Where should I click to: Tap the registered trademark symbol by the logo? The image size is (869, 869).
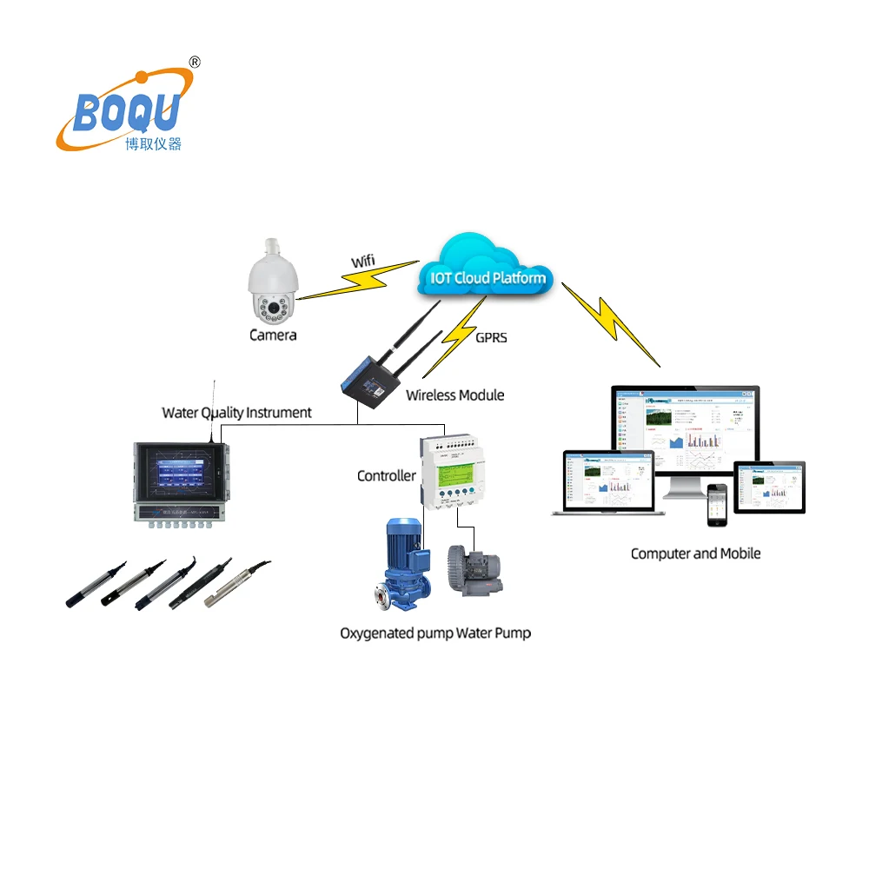click(x=195, y=62)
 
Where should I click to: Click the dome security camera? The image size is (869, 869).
click(x=272, y=282)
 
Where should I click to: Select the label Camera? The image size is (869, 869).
click(x=273, y=335)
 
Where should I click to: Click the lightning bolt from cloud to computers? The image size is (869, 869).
click(x=611, y=322)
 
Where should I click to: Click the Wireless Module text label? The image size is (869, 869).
click(x=455, y=395)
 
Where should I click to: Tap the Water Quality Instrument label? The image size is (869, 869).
click(x=236, y=413)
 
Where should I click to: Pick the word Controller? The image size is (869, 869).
click(x=386, y=475)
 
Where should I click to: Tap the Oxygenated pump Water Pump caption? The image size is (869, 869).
click(x=435, y=633)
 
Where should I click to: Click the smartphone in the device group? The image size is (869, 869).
click(x=716, y=505)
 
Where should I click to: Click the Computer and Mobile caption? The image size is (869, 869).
click(x=695, y=553)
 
